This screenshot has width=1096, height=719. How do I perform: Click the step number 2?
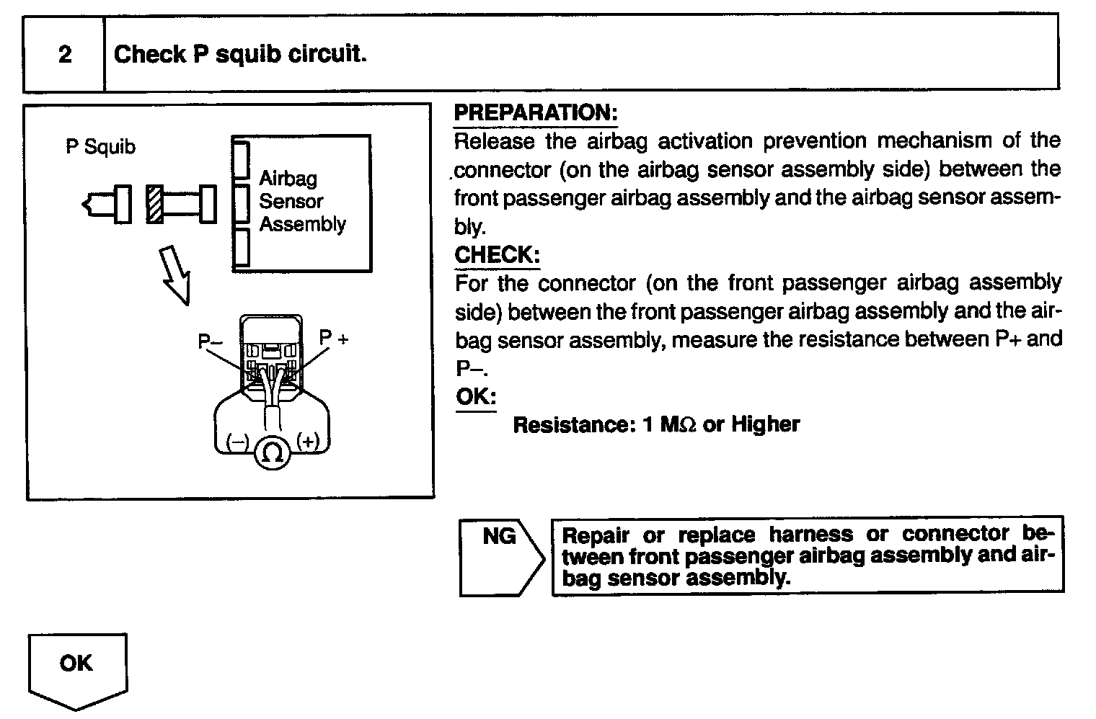[65, 54]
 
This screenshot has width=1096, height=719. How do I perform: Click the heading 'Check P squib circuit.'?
[240, 54]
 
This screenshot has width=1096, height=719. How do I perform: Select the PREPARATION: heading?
[535, 113]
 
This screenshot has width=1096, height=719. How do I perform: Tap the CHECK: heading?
[497, 254]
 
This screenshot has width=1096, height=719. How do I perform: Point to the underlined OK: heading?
[476, 397]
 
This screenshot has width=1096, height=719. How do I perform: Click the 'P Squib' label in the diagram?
[100, 147]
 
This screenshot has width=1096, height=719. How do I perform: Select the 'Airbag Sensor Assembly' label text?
[302, 201]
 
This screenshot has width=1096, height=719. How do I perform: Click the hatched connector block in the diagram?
[154, 204]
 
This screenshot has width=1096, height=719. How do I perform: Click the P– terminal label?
[211, 341]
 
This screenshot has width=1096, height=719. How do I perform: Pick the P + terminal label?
[334, 337]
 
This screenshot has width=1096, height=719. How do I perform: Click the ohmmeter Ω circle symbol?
[272, 452]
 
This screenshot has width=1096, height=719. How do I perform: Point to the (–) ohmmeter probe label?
[237, 442]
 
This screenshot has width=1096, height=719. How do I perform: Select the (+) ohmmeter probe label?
[307, 441]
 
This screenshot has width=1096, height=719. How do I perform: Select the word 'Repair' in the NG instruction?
[596, 535]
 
